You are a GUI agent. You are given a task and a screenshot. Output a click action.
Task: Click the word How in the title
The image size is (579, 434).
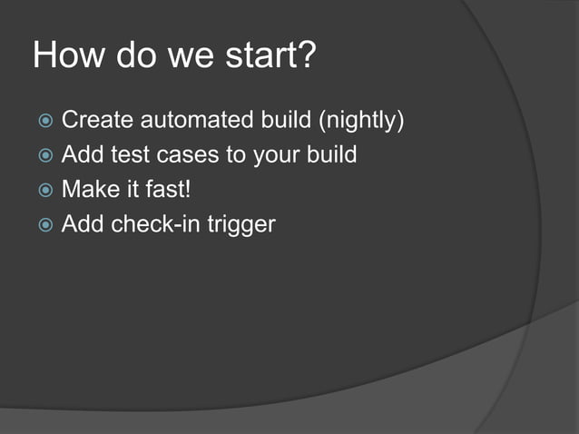[x=68, y=55]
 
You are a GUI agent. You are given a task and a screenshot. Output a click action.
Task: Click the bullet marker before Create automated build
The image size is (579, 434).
[x=44, y=121]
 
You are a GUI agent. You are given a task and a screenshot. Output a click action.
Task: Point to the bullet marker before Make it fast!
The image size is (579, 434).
[x=44, y=191]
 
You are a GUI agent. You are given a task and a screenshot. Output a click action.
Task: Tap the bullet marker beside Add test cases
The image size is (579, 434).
[x=44, y=155]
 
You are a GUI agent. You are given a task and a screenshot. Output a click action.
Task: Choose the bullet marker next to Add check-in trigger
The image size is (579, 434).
[x=44, y=225]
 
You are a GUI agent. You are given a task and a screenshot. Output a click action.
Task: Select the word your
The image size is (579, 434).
[x=272, y=154]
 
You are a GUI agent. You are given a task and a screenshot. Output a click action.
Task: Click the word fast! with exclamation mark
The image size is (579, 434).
[x=171, y=190]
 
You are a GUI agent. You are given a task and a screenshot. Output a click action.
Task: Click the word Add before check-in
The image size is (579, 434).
[x=82, y=224]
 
